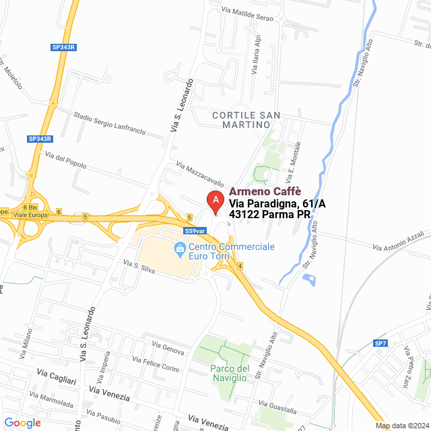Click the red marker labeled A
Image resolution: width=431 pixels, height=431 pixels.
coord(215,201)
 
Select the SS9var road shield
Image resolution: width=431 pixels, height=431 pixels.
coord(194,230)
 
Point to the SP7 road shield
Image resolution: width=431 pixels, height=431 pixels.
coord(381,343)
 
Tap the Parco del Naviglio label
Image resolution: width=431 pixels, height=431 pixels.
coord(230,373)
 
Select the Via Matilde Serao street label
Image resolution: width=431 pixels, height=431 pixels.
coord(248,14)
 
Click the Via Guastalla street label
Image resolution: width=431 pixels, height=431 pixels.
coord(277,407)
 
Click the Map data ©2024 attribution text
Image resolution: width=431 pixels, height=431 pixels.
coord(401,426)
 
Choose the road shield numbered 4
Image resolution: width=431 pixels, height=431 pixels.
coord(239,266)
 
